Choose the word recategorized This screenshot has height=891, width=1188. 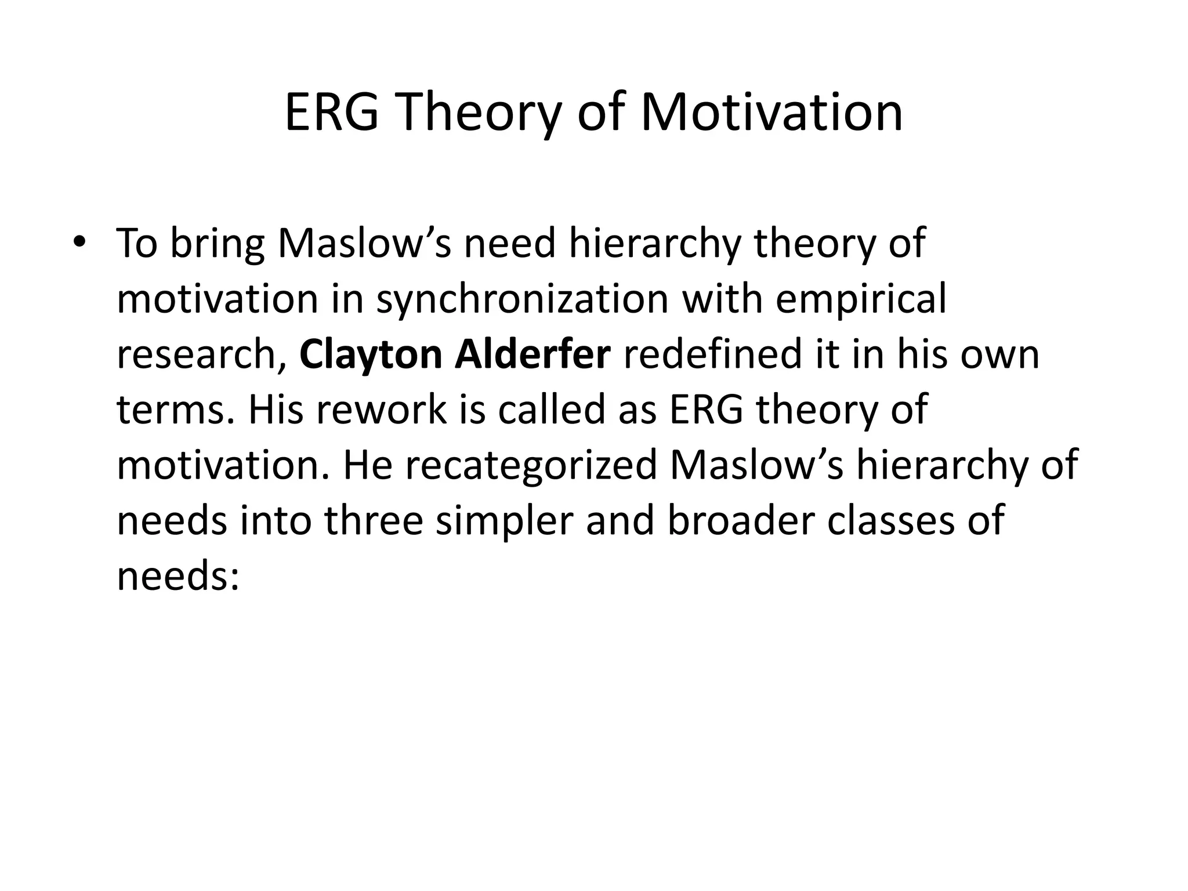tap(530, 466)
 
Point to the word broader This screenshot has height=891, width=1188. tap(740, 520)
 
